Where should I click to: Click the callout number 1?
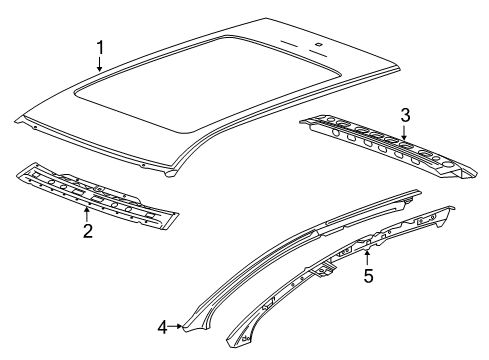(100, 47)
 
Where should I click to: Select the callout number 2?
(88, 231)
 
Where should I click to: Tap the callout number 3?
(405, 115)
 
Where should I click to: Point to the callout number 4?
(162, 327)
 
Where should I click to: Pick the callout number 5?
(368, 276)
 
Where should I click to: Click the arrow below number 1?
(99, 64)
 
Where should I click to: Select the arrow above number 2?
(87, 214)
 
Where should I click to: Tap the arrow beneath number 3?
(404, 132)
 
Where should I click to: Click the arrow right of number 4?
(175, 326)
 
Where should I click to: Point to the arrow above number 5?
(367, 259)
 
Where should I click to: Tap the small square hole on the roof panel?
(319, 43)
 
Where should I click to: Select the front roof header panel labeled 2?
(97, 196)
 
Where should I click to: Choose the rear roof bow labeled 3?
(388, 146)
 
